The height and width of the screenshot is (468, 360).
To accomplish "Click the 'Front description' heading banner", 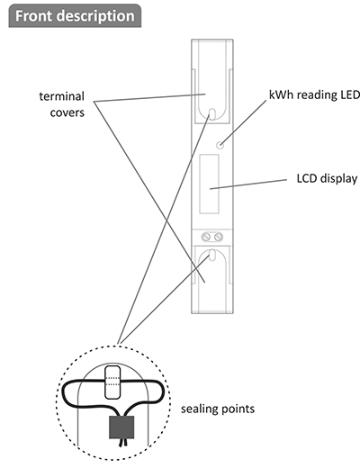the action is click(75, 16).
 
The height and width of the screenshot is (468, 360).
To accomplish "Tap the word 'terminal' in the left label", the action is click(62, 96).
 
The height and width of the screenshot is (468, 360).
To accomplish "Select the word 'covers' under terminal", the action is click(67, 112).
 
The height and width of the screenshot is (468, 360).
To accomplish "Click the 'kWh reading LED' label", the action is click(314, 94).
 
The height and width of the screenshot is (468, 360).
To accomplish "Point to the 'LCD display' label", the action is click(327, 178).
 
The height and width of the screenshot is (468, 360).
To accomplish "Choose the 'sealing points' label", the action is click(218, 409).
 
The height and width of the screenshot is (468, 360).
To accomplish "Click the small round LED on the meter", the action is click(220, 145).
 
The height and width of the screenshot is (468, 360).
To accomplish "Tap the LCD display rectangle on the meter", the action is click(209, 184).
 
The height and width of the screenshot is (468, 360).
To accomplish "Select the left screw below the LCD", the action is click(206, 237).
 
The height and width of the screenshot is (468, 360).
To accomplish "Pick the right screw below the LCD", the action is click(219, 237).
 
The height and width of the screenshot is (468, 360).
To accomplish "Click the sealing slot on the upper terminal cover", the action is click(211, 114).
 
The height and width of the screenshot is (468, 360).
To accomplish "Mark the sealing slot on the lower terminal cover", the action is click(211, 255).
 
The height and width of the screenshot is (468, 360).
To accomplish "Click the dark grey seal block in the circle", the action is click(121, 427).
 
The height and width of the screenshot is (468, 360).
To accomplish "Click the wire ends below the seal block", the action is click(122, 443).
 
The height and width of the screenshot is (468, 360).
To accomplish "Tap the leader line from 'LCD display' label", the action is click(248, 184).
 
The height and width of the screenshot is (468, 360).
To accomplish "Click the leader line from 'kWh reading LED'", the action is click(243, 122).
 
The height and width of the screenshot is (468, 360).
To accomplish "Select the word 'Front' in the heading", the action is click(34, 15).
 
